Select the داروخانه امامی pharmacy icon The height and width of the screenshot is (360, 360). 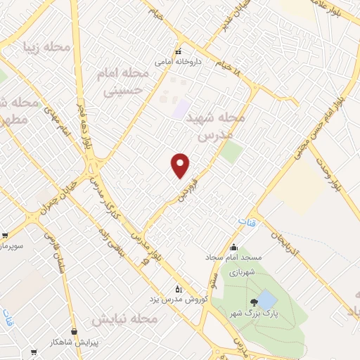pos(178,51)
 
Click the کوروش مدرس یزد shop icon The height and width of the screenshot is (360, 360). pos(179,289)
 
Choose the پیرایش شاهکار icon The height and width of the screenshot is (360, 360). pos(75,330)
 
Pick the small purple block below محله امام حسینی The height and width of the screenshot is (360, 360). pos(181,110)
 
